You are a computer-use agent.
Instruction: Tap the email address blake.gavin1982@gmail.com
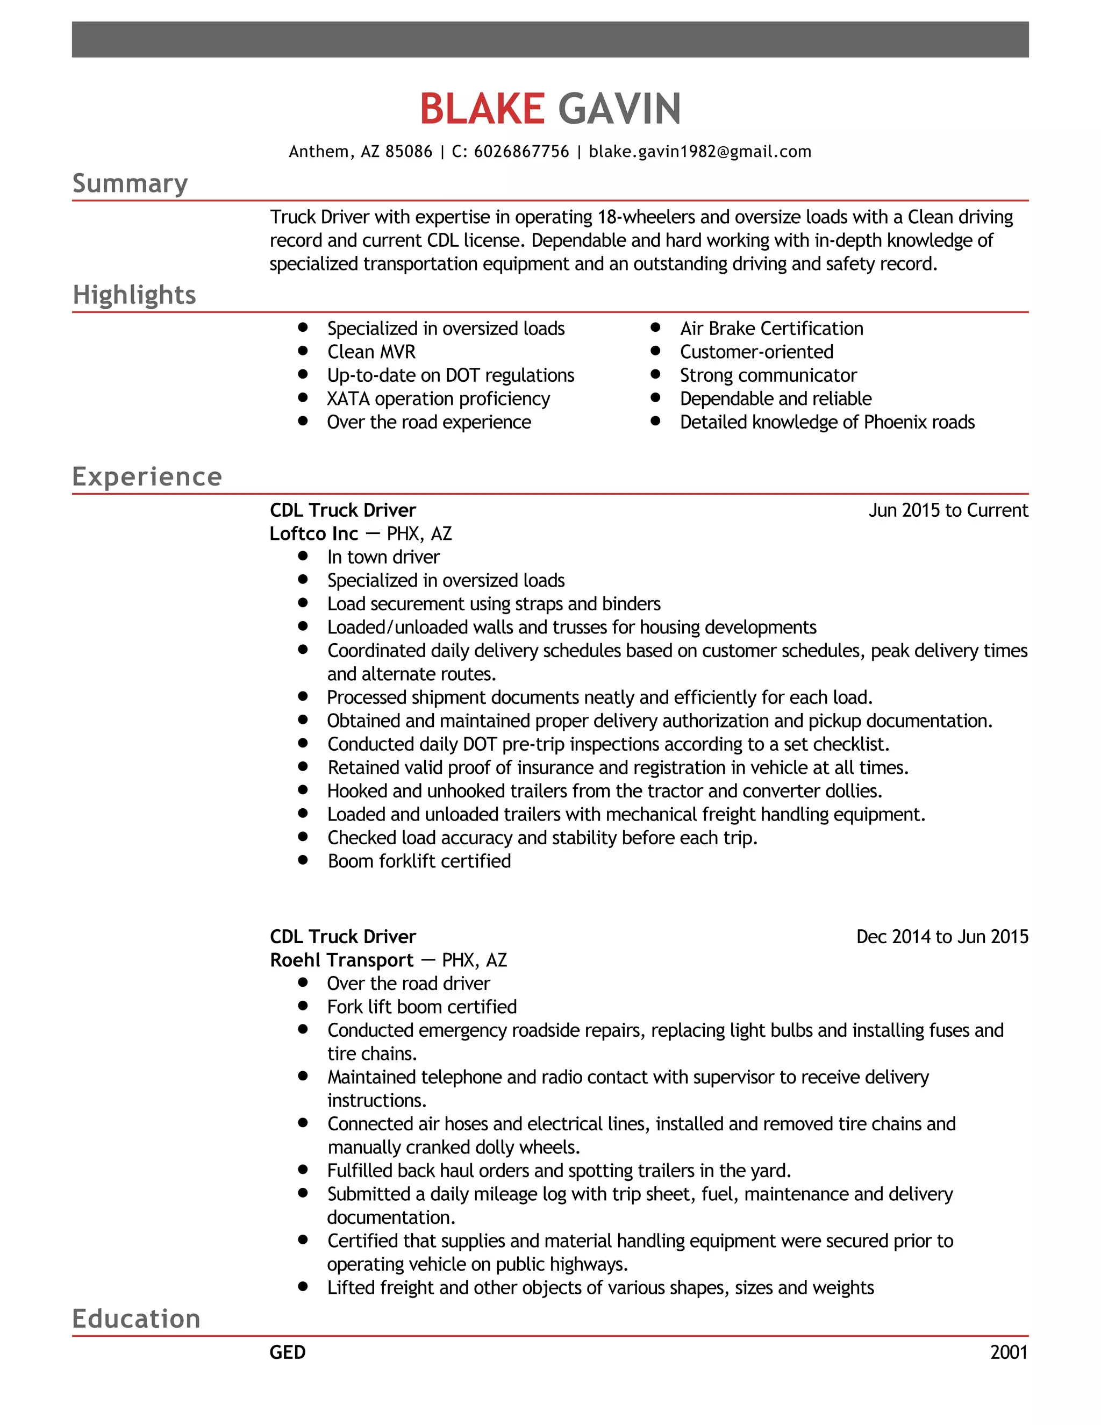[699, 152]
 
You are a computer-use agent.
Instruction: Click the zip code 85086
[409, 152]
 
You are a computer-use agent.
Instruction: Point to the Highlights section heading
[134, 295]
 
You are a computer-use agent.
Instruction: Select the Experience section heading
[147, 476]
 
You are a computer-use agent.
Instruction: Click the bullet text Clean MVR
[371, 352]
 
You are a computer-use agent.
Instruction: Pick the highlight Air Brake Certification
[771, 328]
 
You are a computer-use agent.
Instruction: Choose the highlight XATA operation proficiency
[438, 398]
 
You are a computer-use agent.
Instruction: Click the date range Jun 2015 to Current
[948, 510]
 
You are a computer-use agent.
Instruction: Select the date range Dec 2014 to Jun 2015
[942, 937]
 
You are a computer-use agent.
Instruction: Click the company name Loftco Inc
[314, 534]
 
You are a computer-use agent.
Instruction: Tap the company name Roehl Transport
[342, 960]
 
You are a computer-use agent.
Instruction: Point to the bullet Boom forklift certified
[419, 861]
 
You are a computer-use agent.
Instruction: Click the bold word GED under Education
[287, 1352]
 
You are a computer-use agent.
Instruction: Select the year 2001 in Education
[1009, 1352]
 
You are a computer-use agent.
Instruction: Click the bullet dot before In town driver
[303, 556]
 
